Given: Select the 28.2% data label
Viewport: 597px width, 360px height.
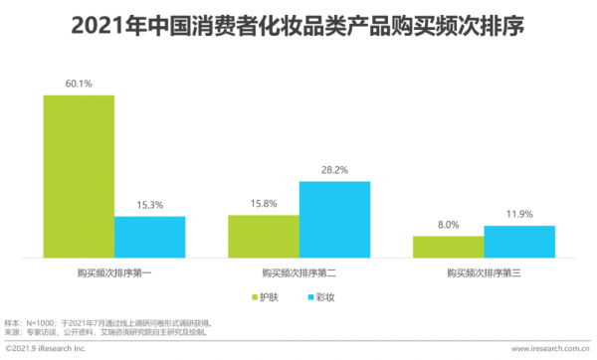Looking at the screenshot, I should pos(334,171).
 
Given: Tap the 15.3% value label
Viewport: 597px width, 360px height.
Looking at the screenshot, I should pos(149,206).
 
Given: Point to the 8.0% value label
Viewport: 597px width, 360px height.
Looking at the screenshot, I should pos(449,226).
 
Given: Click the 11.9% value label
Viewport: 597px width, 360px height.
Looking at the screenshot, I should pos(519,216).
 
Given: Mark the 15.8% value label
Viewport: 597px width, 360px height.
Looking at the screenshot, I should pos(264,205).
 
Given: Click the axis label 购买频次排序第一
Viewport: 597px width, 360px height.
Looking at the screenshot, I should pos(114,272).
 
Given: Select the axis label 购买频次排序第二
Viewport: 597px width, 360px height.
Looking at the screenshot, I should pos(298,272).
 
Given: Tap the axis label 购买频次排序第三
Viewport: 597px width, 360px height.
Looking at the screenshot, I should pos(485,272).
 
